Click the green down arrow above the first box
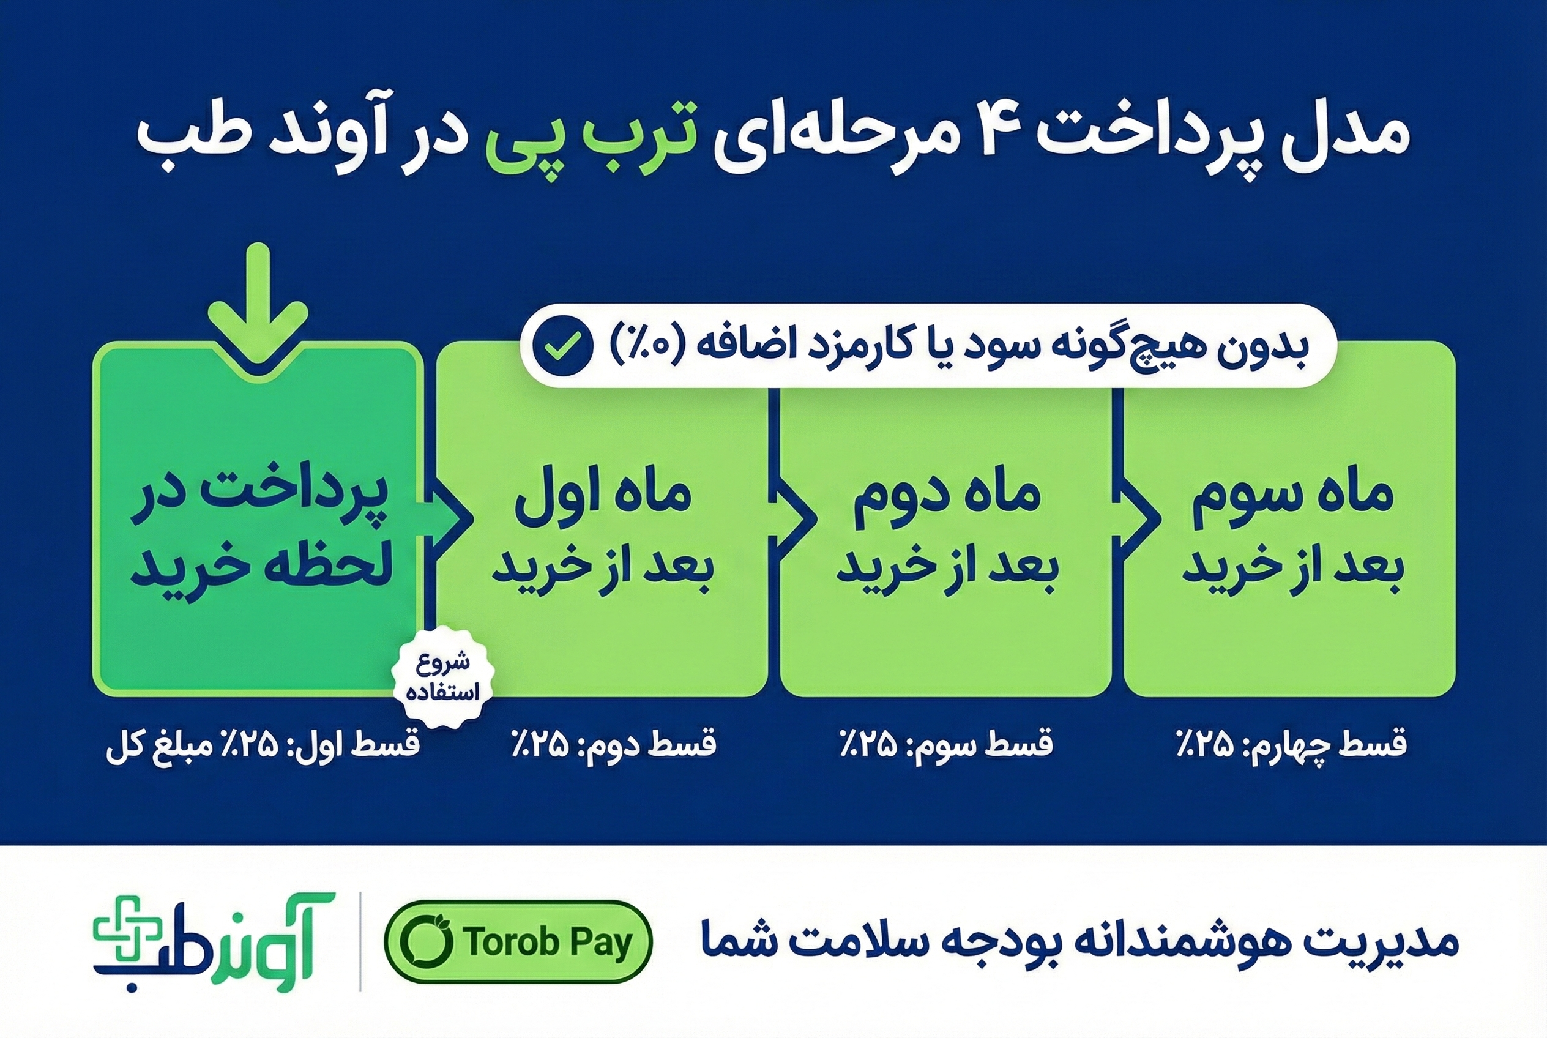[x=258, y=305]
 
